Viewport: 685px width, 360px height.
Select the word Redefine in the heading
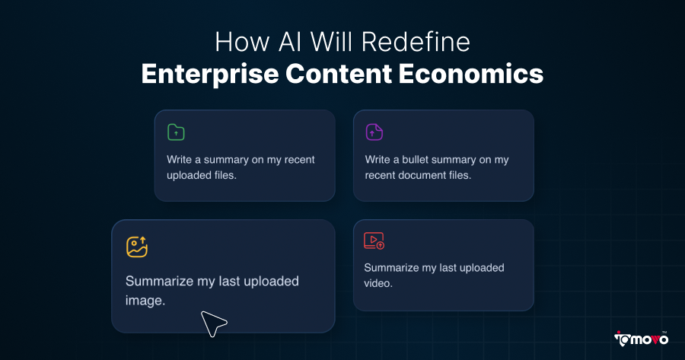click(x=425, y=41)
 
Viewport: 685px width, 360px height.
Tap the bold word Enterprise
click(x=210, y=75)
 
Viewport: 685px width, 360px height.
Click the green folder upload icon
click(x=176, y=132)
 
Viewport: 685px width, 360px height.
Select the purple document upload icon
click(x=374, y=132)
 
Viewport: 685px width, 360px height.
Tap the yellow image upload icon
click(x=137, y=247)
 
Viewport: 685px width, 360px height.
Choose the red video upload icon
click(x=374, y=241)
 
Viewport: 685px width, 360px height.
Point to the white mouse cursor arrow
click(x=212, y=323)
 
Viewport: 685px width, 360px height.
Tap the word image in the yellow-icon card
click(x=144, y=301)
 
